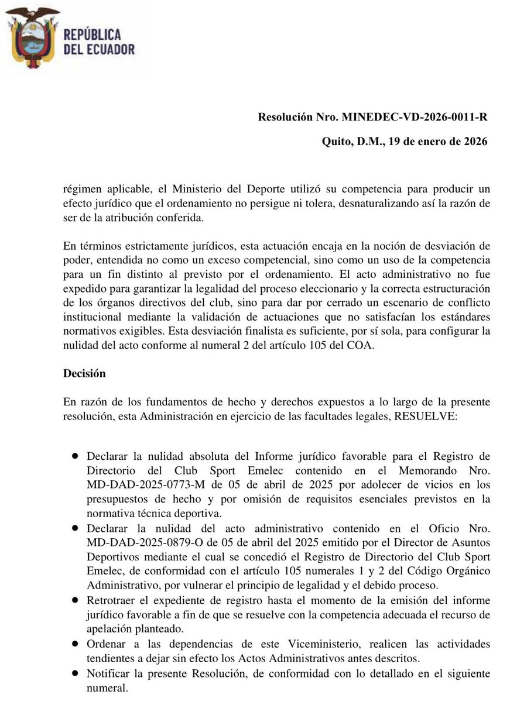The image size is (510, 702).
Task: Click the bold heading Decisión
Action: (84, 373)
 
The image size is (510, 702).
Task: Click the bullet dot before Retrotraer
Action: (75, 601)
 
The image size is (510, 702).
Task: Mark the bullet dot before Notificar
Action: (75, 673)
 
